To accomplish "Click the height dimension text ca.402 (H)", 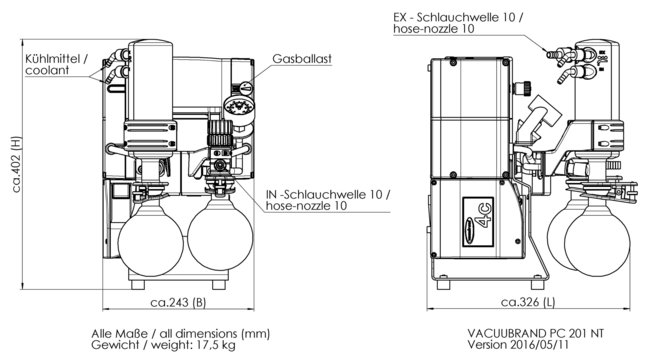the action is point(17,164).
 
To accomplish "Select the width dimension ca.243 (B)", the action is point(178,302).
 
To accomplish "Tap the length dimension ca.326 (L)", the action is point(528,302).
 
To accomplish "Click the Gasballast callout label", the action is point(302,59).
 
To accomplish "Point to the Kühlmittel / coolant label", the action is point(56,64).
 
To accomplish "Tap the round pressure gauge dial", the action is point(239,107).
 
